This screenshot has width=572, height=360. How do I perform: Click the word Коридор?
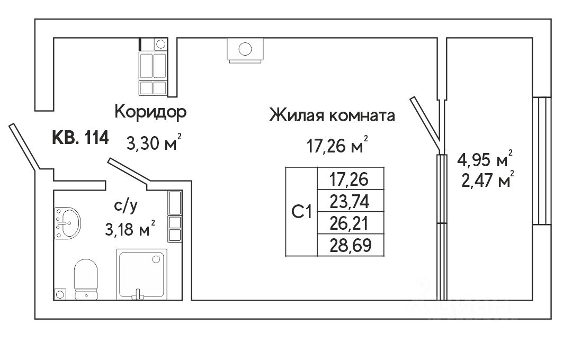[x=151, y=112]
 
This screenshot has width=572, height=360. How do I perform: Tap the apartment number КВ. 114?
[x=81, y=138]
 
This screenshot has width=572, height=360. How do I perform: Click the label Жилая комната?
[x=332, y=115]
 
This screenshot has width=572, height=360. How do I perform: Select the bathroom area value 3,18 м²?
[x=130, y=230]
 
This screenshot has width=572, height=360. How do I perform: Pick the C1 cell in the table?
[x=301, y=212]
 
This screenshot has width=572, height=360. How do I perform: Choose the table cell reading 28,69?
[x=349, y=245]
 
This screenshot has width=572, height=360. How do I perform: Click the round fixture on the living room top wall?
[x=245, y=50]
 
